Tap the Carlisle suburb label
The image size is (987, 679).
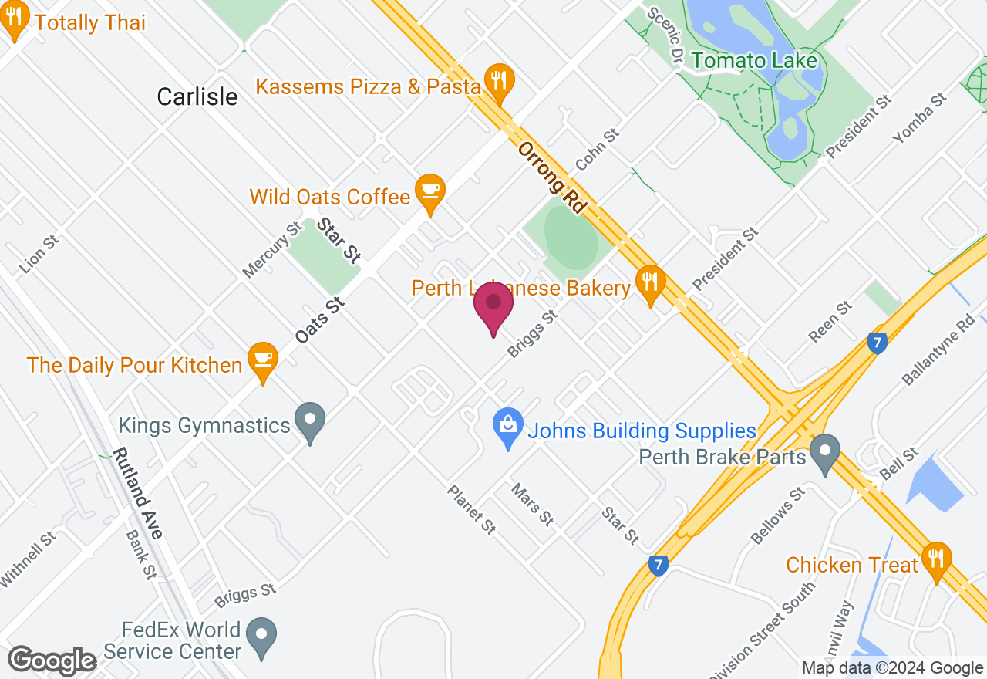coord(197,96)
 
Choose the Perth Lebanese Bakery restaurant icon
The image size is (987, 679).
coord(651,282)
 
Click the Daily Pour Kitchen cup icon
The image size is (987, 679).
coord(264,360)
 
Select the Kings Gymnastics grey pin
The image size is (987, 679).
coord(311,421)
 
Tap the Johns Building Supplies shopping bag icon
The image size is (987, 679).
coord(508,426)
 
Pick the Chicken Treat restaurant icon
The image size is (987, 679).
coord(937,559)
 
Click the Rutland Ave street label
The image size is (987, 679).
coord(138,494)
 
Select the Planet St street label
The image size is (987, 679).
coord(471,510)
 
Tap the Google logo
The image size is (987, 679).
coord(52,661)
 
